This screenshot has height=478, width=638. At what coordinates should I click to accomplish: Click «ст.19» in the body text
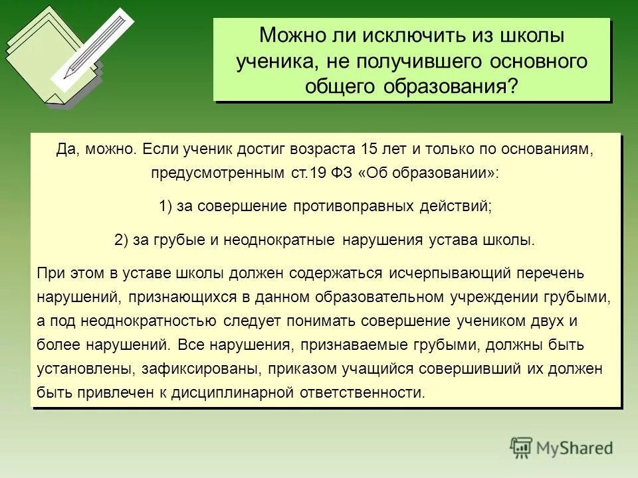[308, 173]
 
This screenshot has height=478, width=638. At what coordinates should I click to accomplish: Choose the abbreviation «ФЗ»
[342, 173]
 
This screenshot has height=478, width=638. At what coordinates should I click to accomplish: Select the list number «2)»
[122, 240]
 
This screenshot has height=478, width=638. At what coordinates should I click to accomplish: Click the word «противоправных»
[353, 206]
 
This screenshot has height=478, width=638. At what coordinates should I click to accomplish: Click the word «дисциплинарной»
[233, 392]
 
